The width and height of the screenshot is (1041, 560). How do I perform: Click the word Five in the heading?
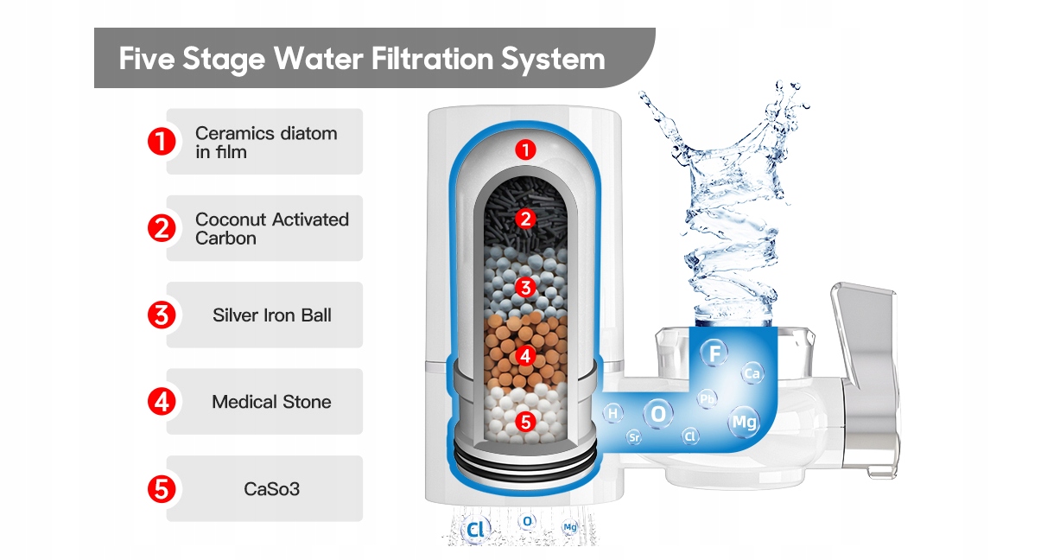pyautogui.click(x=149, y=59)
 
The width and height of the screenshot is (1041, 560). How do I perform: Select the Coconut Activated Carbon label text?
pyautogui.click(x=271, y=228)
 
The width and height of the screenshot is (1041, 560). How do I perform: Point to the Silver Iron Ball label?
pyautogui.click(x=271, y=315)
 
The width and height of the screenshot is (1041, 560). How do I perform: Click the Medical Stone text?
pyautogui.click(x=271, y=402)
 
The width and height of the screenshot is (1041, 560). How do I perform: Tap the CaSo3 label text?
pyautogui.click(x=270, y=489)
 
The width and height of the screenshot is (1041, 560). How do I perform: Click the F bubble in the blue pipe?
pyautogui.click(x=714, y=353)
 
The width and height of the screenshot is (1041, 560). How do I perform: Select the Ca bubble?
pyautogui.click(x=752, y=373)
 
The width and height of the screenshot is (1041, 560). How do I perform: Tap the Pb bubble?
pyautogui.click(x=708, y=398)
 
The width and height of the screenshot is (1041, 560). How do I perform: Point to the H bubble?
pyautogui.click(x=613, y=414)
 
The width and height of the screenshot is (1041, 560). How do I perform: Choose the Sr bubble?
pyautogui.click(x=634, y=437)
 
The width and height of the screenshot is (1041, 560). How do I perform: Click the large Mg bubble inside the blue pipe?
pyautogui.click(x=744, y=422)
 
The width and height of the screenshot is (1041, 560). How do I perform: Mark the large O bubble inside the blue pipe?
pyautogui.click(x=659, y=414)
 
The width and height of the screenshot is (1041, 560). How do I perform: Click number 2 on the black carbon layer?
pyautogui.click(x=525, y=218)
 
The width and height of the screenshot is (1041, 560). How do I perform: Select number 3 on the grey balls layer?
pyautogui.click(x=525, y=285)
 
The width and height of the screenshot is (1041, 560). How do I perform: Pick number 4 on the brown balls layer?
pyautogui.click(x=525, y=354)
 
